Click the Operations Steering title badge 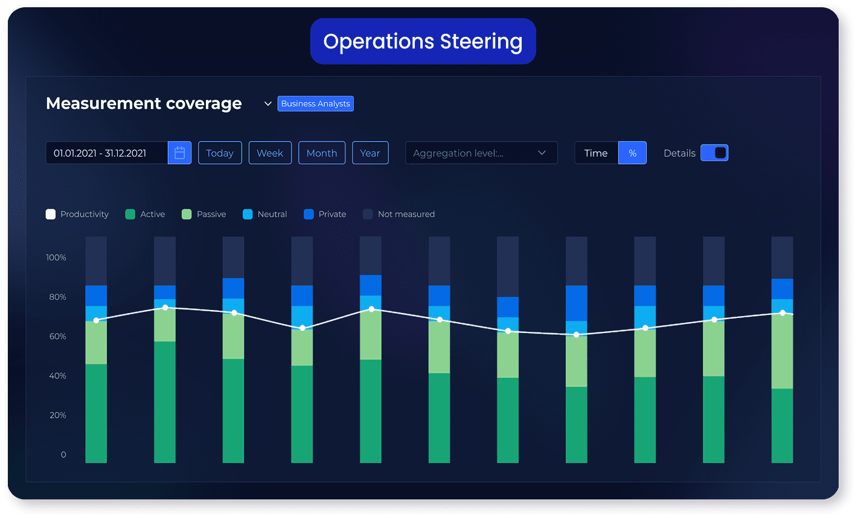coord(423,41)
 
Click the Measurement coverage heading coord(144,103)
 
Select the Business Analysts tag coord(315,103)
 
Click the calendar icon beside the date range coord(179,153)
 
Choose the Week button coord(270,153)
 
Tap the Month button coord(322,153)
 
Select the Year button coord(370,153)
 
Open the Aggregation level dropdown coord(481,153)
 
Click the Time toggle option coord(596,153)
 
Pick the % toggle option coord(632,153)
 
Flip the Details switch coord(714,153)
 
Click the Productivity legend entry coord(77,214)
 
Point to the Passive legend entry coord(204,214)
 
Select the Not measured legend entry coord(399,214)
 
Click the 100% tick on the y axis coord(56,257)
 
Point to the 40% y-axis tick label coord(56,376)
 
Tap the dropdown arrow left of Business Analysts coord(268,104)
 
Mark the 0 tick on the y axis coord(63,455)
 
